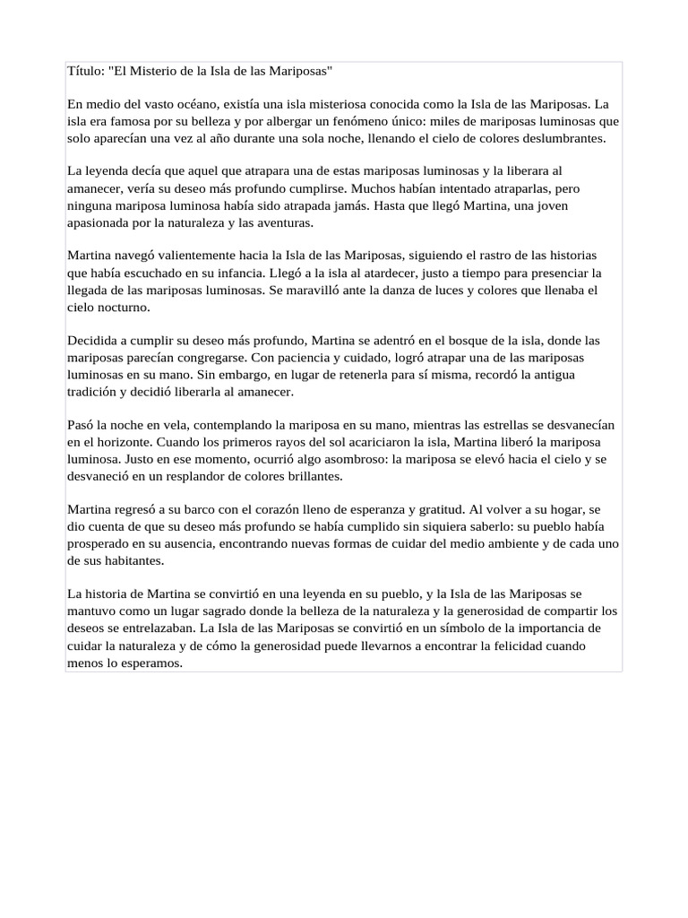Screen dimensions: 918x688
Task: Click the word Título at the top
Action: [86, 71]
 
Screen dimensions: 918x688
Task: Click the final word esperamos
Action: [152, 663]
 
